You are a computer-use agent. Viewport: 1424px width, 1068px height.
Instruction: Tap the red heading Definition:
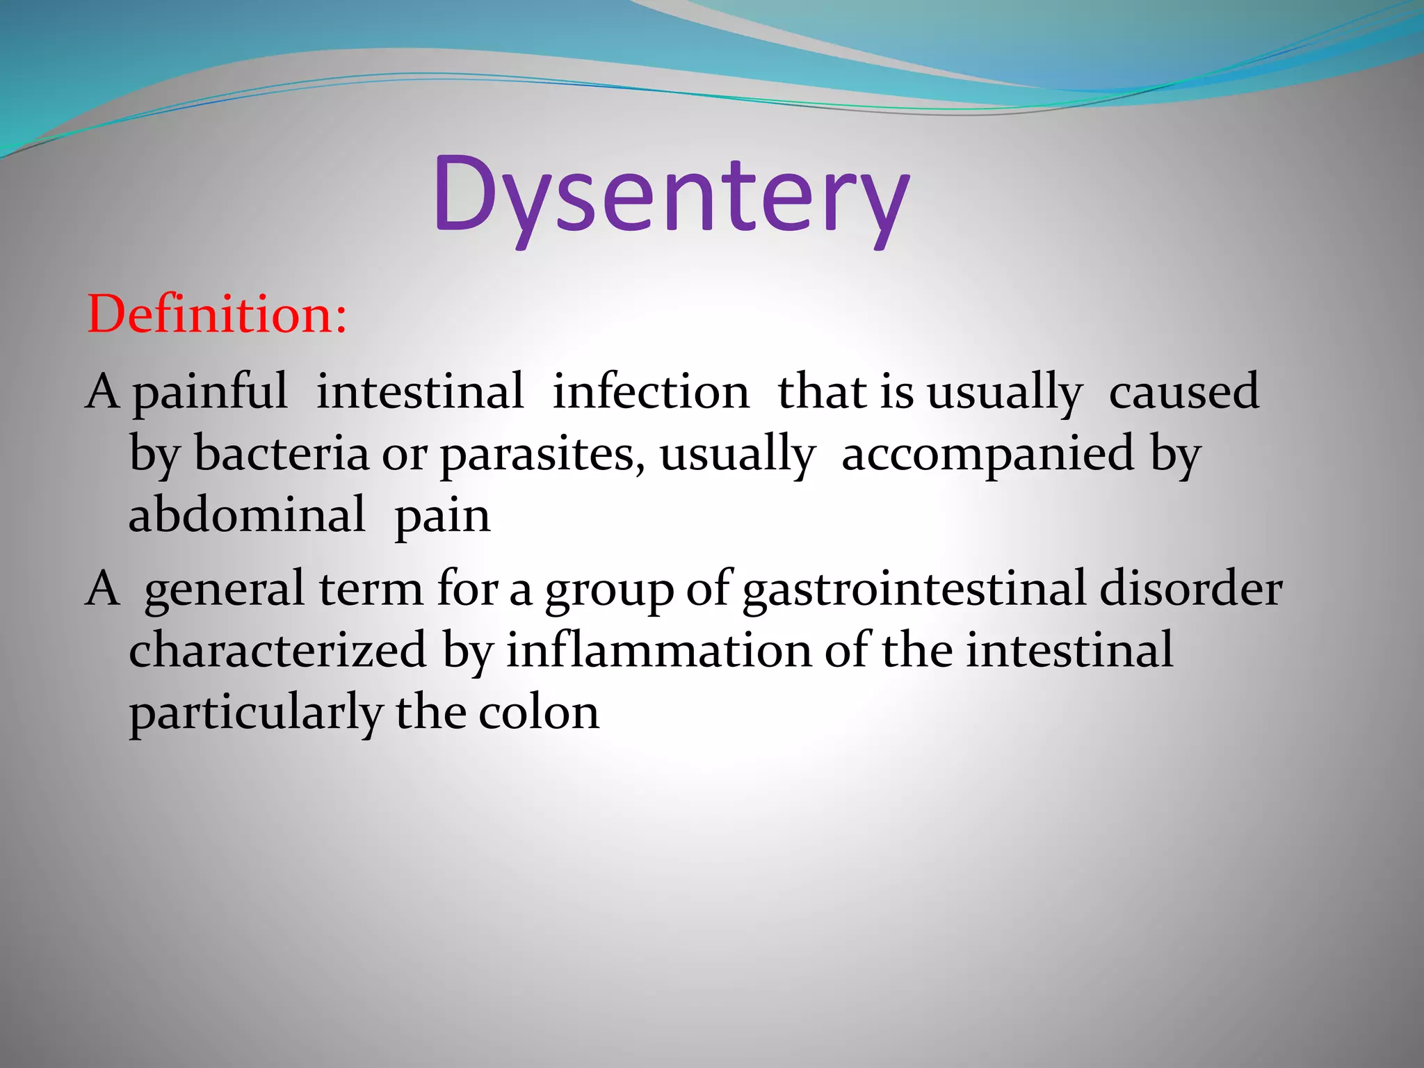click(217, 314)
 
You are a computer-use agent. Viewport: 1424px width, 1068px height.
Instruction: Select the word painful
click(210, 393)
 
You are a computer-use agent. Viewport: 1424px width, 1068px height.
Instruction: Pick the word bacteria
click(281, 454)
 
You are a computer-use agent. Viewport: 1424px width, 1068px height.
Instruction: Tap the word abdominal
click(247, 516)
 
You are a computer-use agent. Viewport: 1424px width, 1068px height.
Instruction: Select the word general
click(225, 590)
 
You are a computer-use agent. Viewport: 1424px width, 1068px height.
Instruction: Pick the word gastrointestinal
click(914, 590)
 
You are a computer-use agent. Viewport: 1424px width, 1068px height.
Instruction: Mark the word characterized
click(277, 651)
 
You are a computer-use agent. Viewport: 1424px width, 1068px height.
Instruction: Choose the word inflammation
click(658, 651)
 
